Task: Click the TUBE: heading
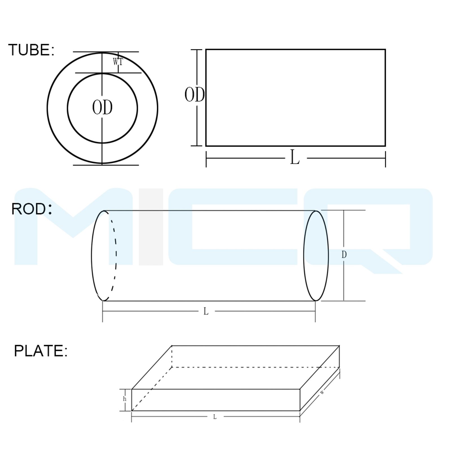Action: tap(31, 50)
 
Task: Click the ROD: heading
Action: tap(31, 209)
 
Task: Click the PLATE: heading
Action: tap(41, 351)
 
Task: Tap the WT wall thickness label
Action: tap(118, 62)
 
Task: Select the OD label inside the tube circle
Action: tap(102, 108)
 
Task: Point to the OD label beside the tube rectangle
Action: tap(194, 95)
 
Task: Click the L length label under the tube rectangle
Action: tap(295, 158)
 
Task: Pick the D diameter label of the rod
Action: tap(344, 255)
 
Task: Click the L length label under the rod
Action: tap(206, 311)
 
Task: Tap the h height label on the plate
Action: tap(125, 399)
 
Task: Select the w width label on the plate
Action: tap(322, 392)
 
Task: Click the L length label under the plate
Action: tap(215, 417)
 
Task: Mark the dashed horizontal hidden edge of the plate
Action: tap(254, 367)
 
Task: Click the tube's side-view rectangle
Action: tap(295, 98)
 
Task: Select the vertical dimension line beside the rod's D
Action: tap(344, 276)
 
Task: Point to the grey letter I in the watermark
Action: tap(151, 227)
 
